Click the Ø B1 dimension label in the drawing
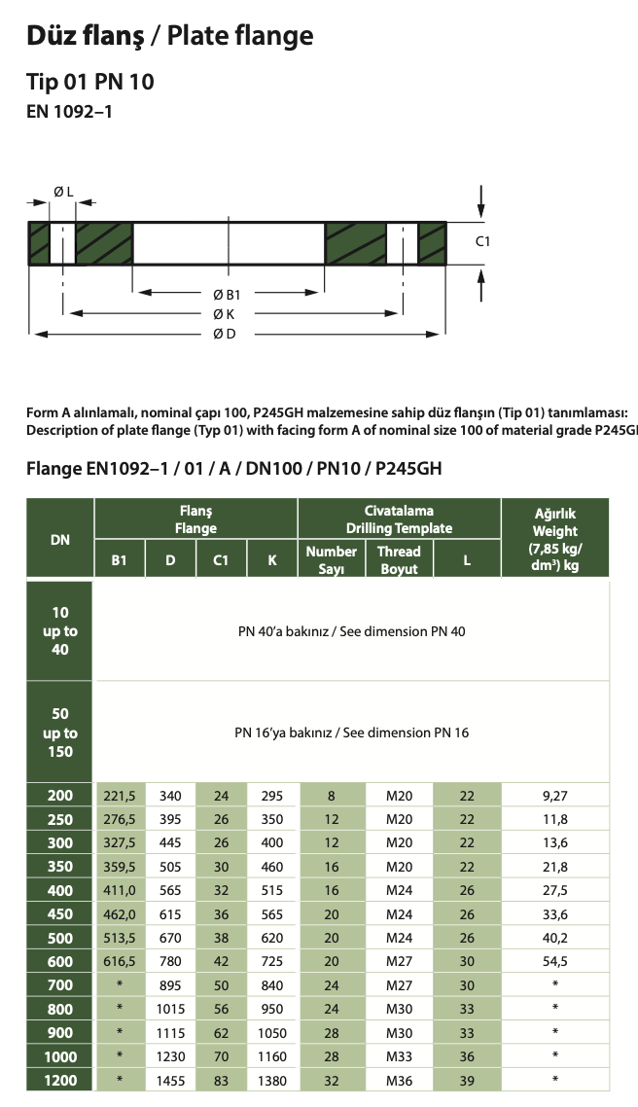click(227, 294)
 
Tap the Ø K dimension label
click(224, 314)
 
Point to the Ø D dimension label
click(225, 334)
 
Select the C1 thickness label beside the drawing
click(482, 240)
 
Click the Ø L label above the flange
click(63, 193)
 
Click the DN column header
click(60, 537)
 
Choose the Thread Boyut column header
click(399, 559)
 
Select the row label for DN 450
click(60, 914)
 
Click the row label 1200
click(60, 1079)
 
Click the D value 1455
click(170, 1079)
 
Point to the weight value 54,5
click(555, 962)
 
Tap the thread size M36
click(399, 1079)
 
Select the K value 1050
click(272, 1032)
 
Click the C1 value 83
click(221, 1079)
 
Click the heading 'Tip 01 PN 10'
click(90, 81)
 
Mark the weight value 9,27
click(555, 796)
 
